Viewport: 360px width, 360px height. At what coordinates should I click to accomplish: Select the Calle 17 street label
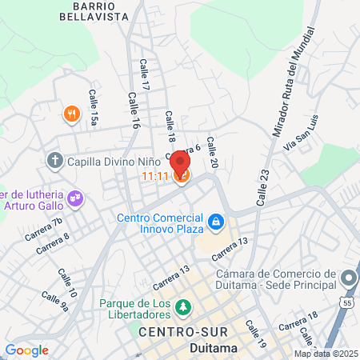[x=145, y=74]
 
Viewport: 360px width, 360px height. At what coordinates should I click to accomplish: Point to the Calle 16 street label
[x=131, y=110]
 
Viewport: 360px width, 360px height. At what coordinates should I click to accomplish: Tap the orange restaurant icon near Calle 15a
[x=72, y=114]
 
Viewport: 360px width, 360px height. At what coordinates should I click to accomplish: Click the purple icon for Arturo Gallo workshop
[x=76, y=197]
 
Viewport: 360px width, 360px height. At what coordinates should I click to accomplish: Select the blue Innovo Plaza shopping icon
[x=215, y=220]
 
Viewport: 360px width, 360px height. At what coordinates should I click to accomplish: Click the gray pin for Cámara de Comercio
[x=348, y=278]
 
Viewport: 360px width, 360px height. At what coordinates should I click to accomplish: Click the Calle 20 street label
[x=213, y=152]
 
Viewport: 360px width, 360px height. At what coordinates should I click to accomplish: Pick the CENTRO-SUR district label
[x=183, y=332]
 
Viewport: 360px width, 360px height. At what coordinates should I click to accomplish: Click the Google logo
[x=26, y=350]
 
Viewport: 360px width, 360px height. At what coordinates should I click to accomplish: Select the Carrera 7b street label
[x=42, y=230]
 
